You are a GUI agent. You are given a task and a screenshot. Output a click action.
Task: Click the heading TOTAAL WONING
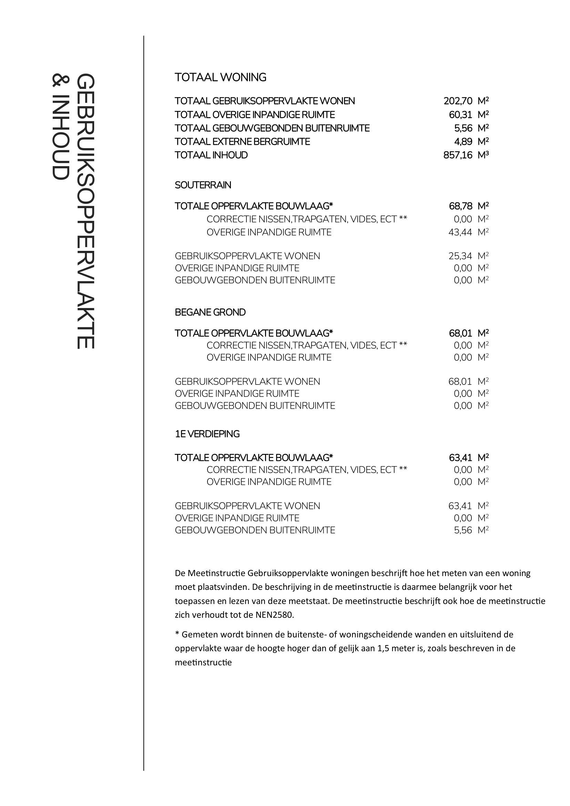(x=221, y=77)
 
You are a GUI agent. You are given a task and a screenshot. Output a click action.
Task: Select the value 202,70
(x=458, y=101)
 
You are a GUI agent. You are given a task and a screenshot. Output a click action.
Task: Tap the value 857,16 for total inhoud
(x=458, y=155)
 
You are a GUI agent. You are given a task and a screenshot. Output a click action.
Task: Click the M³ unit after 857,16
(x=483, y=155)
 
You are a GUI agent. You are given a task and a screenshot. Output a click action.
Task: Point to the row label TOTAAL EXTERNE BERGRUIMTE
(x=242, y=142)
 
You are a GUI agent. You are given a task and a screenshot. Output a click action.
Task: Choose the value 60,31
(x=460, y=115)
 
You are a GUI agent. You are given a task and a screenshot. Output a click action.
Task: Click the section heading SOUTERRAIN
(x=203, y=185)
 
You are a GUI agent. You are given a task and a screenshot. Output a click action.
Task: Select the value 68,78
(x=460, y=206)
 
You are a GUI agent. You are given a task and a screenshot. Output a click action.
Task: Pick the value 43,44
(x=460, y=232)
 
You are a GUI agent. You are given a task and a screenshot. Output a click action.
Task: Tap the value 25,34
(x=460, y=256)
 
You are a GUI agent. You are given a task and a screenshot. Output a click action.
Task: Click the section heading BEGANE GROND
(x=210, y=313)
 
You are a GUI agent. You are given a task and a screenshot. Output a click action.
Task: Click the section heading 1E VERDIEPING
(x=207, y=434)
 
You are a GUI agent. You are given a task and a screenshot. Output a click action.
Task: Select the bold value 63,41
(x=460, y=458)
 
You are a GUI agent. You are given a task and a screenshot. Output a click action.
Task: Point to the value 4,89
(x=463, y=142)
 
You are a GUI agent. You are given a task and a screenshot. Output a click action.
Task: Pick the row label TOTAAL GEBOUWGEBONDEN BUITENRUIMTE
(x=272, y=129)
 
